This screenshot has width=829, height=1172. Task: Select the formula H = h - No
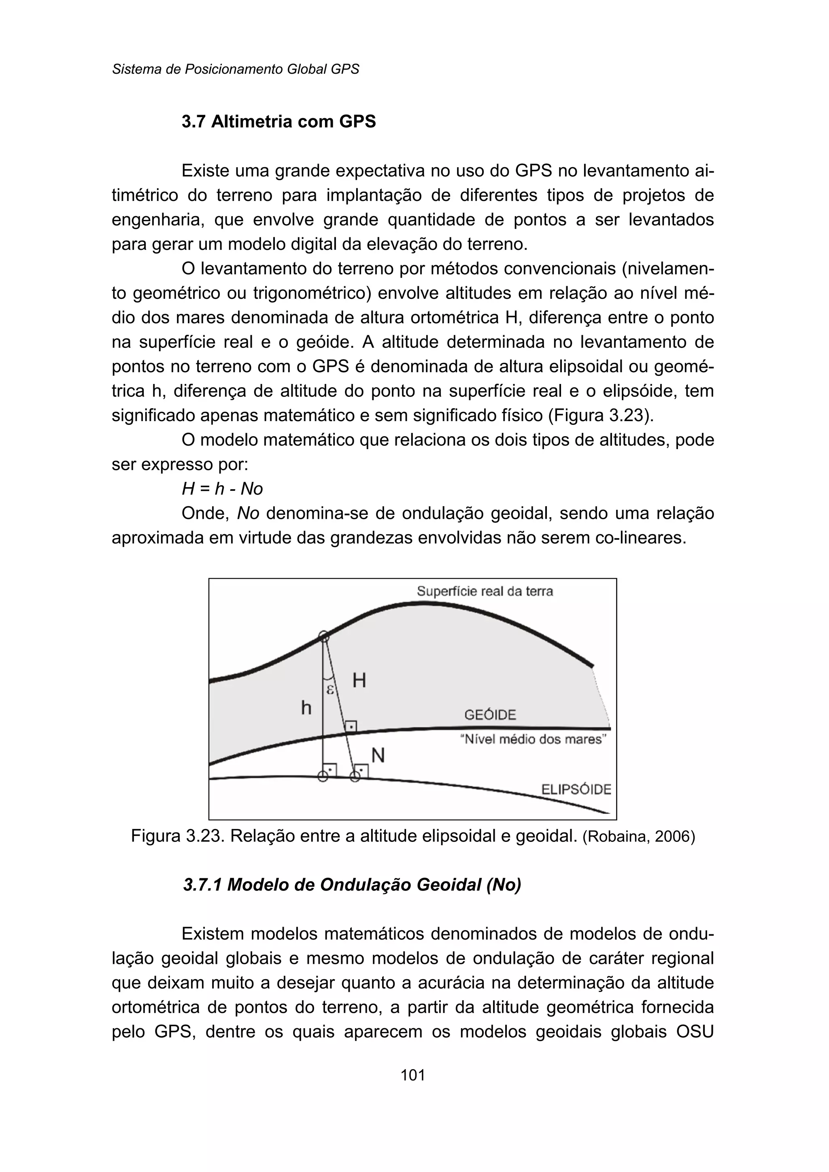tap(222, 489)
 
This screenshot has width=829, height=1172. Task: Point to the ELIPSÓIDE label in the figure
tap(576, 790)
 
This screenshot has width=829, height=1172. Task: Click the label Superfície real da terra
tap(485, 591)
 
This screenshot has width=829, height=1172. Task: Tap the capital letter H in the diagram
tap(359, 680)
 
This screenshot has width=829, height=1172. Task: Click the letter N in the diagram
tap(378, 756)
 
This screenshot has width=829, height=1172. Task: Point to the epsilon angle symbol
tap(330, 689)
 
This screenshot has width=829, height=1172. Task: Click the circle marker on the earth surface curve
tap(324, 636)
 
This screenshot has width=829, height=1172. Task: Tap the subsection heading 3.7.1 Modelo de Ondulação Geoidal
tap(352, 884)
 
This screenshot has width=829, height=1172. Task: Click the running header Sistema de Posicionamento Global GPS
tap(235, 69)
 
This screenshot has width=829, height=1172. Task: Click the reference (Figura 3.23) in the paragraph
tap(600, 415)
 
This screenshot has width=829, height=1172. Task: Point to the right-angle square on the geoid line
tap(351, 726)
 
